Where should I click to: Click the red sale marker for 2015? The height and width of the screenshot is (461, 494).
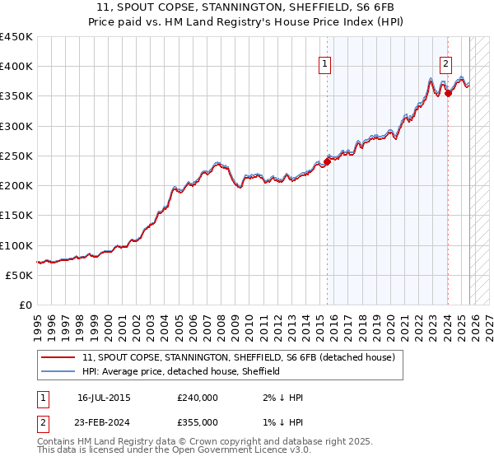coord(327,162)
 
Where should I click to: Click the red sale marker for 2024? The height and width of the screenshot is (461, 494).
coord(448,93)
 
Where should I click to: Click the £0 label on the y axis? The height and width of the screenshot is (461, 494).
coord(25,305)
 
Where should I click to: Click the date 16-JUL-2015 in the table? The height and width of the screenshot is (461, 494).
coord(104,398)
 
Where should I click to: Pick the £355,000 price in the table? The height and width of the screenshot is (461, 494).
coord(198,422)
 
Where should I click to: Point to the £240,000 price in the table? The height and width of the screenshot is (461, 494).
coord(198,398)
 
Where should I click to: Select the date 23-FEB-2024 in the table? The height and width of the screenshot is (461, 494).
coord(104,422)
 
